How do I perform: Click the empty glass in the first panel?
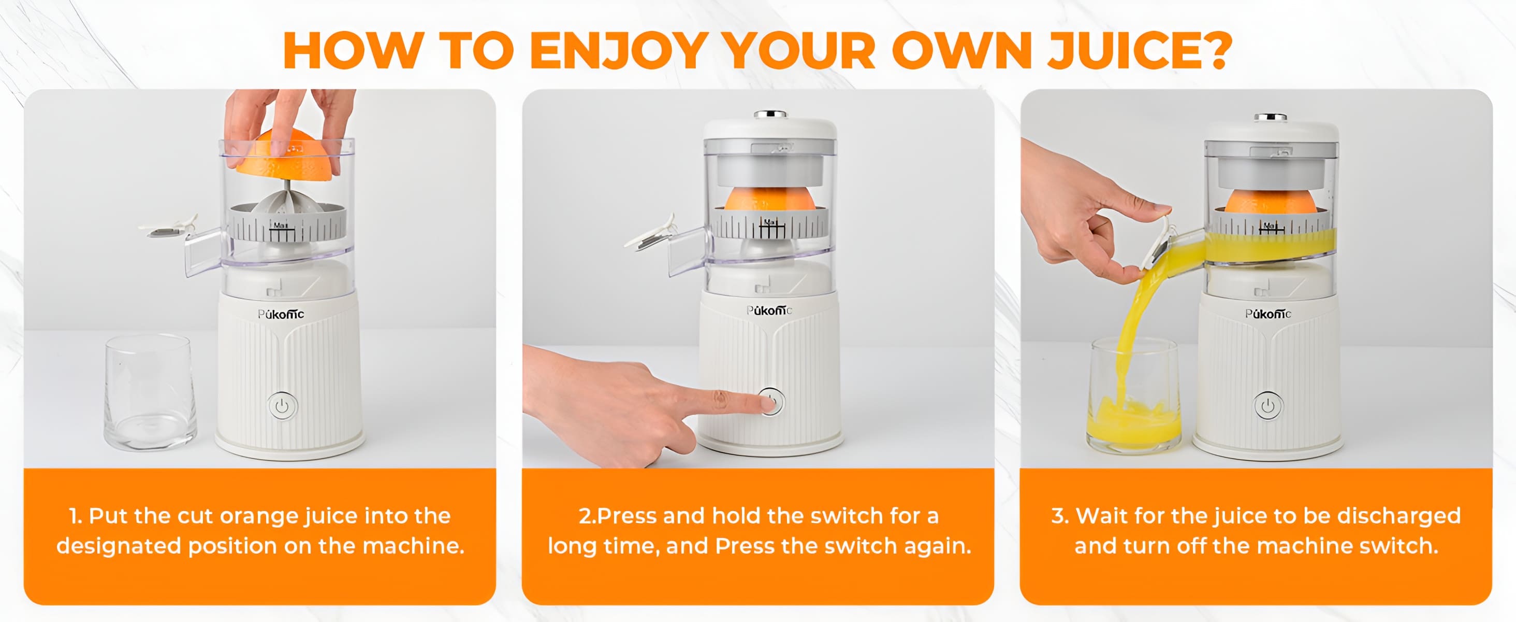click(150, 393)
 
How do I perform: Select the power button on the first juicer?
click(283, 406)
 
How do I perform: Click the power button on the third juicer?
click(1268, 406)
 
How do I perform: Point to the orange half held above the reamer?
click(285, 156)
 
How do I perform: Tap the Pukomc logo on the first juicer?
click(281, 314)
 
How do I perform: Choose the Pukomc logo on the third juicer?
click(1268, 314)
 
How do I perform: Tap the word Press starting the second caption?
click(625, 516)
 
